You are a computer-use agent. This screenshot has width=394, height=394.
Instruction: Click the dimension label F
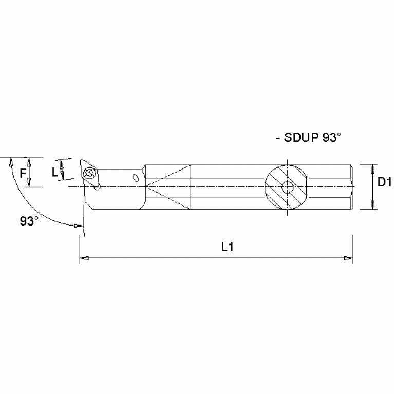(x=23, y=173)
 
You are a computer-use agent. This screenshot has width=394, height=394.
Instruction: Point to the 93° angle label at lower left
(x=29, y=221)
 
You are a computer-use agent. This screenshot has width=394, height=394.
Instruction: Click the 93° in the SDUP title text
(x=332, y=138)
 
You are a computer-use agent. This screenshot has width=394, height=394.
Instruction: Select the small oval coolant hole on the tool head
(x=136, y=178)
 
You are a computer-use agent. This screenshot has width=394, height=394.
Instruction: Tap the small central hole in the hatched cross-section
(x=288, y=187)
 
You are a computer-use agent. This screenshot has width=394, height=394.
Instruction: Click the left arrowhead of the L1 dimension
(x=83, y=258)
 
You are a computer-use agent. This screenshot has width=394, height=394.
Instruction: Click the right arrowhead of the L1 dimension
(x=349, y=258)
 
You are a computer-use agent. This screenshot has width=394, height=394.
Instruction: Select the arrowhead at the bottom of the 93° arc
(x=78, y=225)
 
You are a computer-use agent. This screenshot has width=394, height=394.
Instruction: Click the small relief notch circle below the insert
(x=96, y=186)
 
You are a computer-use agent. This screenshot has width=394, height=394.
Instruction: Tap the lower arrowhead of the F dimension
(x=30, y=183)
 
